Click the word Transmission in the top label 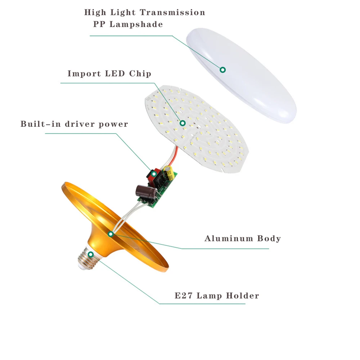172,13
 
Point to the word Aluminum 229,238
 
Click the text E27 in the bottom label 183,296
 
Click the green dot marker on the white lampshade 223,69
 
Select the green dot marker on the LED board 183,123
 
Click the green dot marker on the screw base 91,255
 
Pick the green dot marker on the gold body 111,234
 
